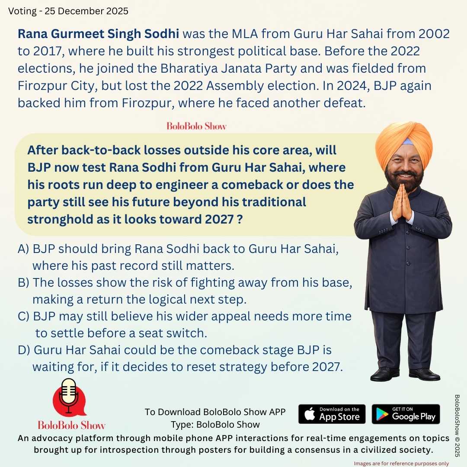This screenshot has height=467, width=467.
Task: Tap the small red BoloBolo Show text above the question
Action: click(197, 126)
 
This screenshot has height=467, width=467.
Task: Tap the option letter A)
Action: click(24, 249)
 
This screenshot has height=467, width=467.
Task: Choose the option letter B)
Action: click(24, 282)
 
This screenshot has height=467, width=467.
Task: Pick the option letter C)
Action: click(24, 316)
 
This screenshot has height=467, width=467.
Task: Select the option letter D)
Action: click(24, 350)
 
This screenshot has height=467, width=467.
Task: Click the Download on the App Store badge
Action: click(332, 414)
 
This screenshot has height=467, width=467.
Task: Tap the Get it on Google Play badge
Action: click(406, 414)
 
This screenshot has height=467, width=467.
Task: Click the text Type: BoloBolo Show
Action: click(215, 424)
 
